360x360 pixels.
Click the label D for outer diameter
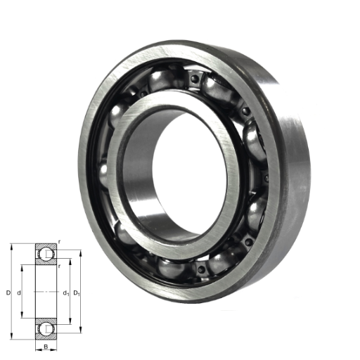(8, 292)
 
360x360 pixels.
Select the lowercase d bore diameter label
(19, 292)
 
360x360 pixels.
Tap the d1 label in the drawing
(66, 293)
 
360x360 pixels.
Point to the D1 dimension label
(77, 293)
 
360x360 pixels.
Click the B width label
(46, 347)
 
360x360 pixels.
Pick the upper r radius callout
(59, 242)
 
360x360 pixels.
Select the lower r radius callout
(60, 266)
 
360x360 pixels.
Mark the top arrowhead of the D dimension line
(11, 247)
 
